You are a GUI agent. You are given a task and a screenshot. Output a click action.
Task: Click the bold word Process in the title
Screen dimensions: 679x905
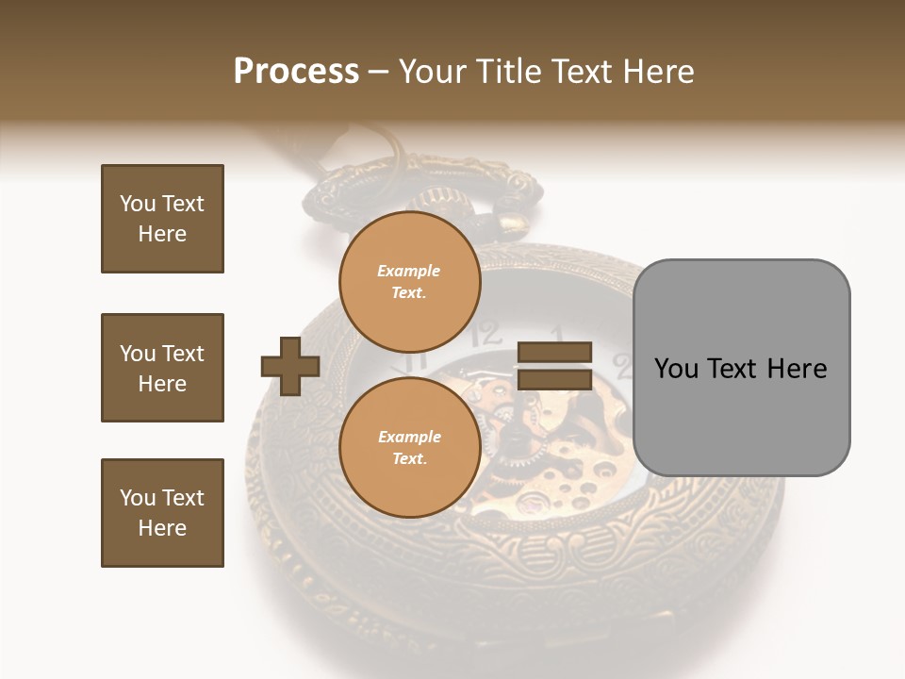(296, 72)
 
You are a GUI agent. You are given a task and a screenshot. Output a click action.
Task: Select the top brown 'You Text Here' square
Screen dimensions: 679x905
(162, 219)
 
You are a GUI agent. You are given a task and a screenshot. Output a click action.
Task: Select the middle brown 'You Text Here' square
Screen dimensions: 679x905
(162, 368)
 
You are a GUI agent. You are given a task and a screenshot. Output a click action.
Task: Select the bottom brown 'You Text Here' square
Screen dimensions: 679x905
(162, 513)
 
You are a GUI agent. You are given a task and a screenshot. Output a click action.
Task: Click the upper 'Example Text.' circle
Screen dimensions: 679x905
(409, 282)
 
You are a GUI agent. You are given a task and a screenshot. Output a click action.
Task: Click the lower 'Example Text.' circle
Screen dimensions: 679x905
(409, 448)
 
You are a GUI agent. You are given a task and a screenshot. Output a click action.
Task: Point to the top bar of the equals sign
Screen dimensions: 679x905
(554, 353)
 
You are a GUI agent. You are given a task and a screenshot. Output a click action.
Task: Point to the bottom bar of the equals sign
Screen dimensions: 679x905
(554, 379)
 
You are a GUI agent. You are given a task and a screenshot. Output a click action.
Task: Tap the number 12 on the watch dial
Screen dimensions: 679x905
(486, 333)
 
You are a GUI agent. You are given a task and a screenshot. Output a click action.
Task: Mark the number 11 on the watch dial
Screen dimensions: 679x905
(412, 360)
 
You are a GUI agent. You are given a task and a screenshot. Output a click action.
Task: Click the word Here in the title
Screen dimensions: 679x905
(656, 72)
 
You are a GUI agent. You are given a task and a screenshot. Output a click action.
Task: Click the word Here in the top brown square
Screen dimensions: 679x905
(162, 234)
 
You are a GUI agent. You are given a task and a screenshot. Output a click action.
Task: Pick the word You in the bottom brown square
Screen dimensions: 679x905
(138, 498)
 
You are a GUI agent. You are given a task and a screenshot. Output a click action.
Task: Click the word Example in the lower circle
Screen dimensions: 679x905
(409, 437)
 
